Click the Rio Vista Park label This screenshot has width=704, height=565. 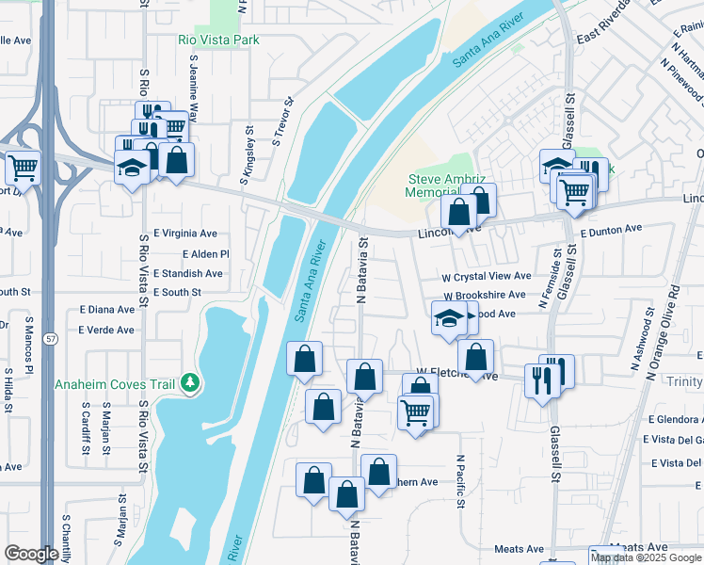tap(218, 40)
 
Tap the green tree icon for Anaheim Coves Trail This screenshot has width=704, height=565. tap(192, 381)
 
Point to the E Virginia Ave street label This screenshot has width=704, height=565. tap(185, 234)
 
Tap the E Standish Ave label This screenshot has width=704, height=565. tap(188, 273)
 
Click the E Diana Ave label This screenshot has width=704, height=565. tap(107, 309)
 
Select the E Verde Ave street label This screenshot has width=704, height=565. tap(106, 330)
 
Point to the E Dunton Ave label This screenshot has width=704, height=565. tap(611, 229)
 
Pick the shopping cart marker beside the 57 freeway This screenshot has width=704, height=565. tap(23, 168)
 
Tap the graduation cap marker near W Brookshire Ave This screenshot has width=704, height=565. tap(448, 318)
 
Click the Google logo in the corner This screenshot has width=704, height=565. tap(32, 554)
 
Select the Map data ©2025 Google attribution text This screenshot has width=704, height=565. tap(646, 557)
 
